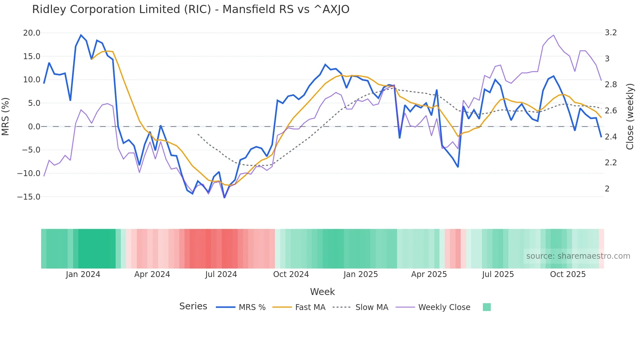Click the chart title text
191,9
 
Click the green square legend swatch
487,307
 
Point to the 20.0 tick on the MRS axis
32,33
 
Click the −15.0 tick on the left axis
29,197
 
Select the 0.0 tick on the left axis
34,127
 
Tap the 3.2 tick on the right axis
611,33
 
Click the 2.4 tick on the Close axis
611,137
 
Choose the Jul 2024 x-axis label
221,274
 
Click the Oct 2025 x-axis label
568,274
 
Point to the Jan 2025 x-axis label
360,274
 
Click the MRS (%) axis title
6,117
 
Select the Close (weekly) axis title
630,117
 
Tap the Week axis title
322,292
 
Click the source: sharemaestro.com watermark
578,256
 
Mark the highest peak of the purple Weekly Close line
553,35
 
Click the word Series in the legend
193,306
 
